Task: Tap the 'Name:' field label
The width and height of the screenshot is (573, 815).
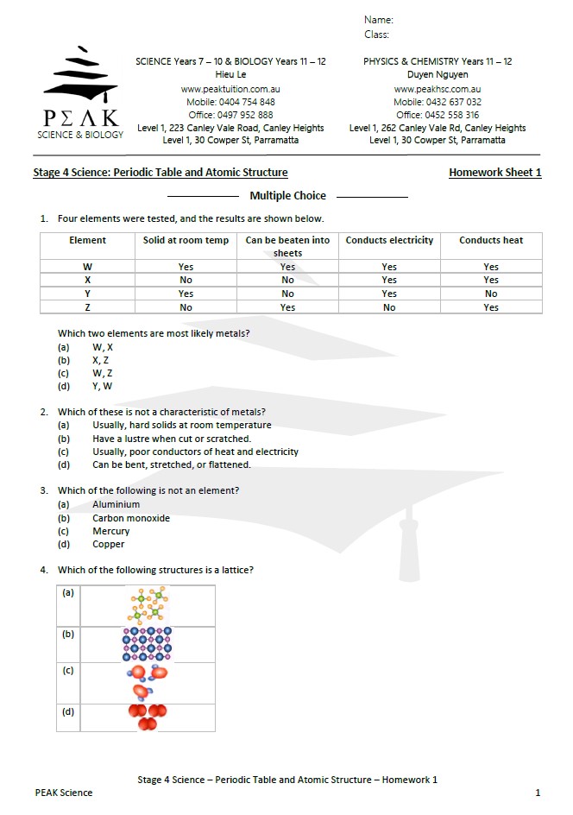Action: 378,19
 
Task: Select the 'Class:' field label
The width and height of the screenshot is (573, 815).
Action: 376,35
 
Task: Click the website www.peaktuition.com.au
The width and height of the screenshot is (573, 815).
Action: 230,89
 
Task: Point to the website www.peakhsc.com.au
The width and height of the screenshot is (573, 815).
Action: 437,89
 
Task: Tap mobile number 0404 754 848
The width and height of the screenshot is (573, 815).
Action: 230,102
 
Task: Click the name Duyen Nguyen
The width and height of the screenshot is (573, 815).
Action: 437,75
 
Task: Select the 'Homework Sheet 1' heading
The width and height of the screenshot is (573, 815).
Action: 494,173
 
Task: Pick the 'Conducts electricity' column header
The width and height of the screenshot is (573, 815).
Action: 389,240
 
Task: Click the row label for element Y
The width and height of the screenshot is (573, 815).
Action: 87,294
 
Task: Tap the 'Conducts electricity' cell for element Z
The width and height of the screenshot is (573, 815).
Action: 389,307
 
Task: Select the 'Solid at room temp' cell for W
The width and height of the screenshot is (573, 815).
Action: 186,267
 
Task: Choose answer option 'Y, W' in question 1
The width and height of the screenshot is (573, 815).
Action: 102,387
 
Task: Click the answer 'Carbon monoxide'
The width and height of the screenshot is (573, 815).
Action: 131,518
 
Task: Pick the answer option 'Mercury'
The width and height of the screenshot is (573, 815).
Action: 110,531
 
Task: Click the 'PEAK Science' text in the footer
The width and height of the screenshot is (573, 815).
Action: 64,793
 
